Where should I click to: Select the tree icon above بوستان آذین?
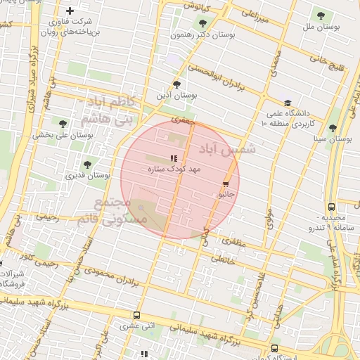pos(176,84)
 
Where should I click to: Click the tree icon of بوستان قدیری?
pos(88,165)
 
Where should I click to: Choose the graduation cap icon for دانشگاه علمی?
pos(287,103)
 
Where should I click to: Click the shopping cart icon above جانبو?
pos(226,184)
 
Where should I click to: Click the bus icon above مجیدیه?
pos(331,207)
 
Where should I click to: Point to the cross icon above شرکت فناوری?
pos(70,11)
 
